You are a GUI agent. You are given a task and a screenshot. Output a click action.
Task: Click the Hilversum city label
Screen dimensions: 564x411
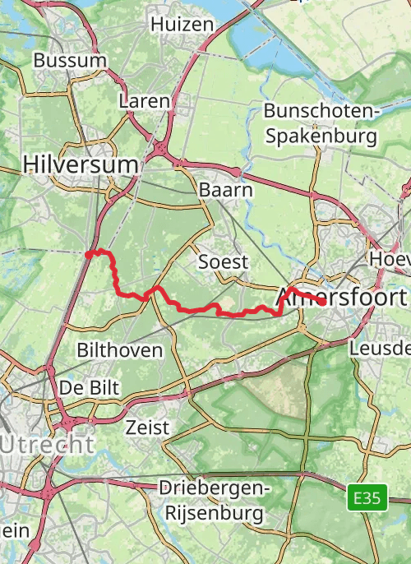click(x=81, y=164)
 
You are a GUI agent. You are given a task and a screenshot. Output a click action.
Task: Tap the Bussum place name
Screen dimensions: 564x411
click(x=70, y=60)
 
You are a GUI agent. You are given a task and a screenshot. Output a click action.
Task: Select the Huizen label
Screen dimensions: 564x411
click(x=182, y=25)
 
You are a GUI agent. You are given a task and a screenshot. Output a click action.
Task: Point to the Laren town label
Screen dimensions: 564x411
click(x=144, y=100)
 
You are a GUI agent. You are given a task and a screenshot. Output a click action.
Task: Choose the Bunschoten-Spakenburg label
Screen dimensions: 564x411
click(x=321, y=123)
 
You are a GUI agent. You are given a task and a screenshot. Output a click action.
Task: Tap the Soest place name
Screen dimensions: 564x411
click(x=223, y=261)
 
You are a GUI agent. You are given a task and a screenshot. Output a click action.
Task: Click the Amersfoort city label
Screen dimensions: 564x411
click(x=344, y=296)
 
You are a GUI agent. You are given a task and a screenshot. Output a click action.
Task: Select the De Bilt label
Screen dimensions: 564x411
click(x=90, y=386)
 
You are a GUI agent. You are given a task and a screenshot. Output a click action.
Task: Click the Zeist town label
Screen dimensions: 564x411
click(x=147, y=427)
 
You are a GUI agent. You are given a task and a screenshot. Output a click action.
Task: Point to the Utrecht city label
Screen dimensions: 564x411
click(x=47, y=446)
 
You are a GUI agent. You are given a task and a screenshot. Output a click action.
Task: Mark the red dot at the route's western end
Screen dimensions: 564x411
click(x=89, y=255)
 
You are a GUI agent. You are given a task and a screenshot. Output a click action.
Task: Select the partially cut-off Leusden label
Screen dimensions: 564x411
click(x=379, y=348)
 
